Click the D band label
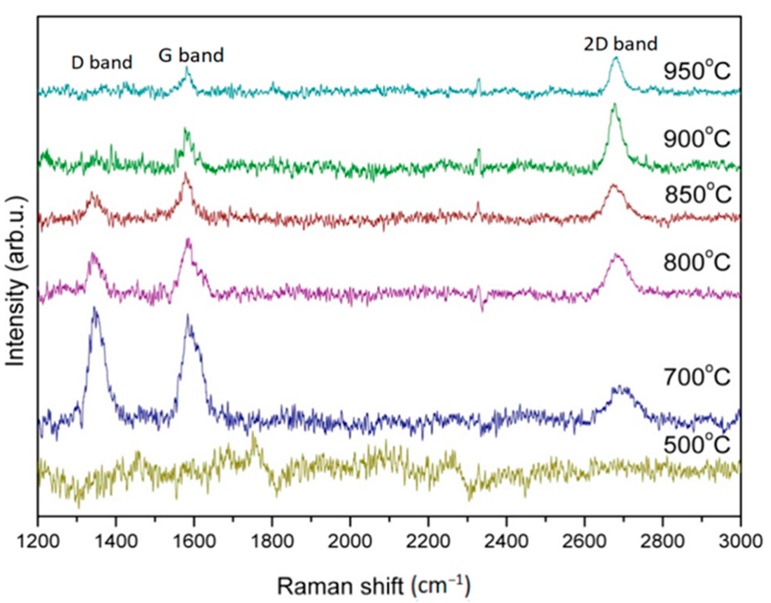102,63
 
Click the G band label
191,55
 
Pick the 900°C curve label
696,139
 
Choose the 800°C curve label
696,262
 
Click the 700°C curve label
696,377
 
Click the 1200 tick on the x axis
38,541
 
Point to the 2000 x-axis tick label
350,541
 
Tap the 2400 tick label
506,541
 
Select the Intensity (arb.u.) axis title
17,283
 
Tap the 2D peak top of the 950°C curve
616,57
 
